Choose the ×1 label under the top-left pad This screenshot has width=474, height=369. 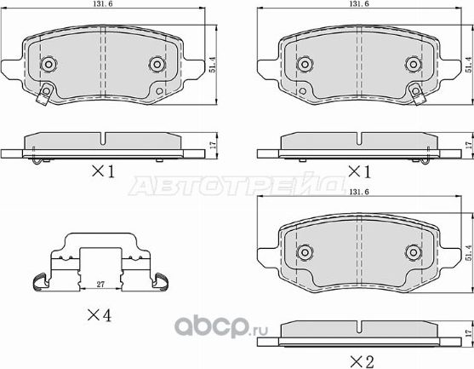pos(102,171)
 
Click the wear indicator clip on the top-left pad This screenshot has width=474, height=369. pos(41,95)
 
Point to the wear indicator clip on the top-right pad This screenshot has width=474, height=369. pos(416,95)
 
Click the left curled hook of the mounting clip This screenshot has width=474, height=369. pos(37,279)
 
